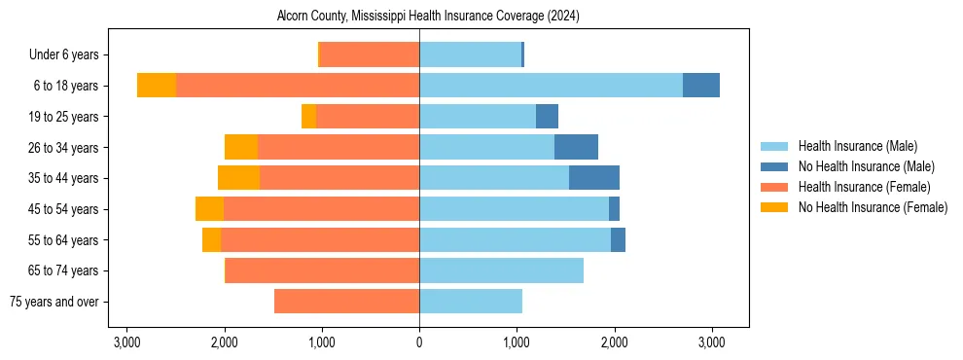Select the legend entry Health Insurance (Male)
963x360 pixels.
tap(857, 146)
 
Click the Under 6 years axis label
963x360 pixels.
tap(70, 55)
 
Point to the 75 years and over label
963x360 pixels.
tap(59, 302)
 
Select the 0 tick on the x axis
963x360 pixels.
tap(419, 342)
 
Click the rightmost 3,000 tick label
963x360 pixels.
tap(711, 342)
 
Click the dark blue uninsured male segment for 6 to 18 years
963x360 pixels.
tap(700, 86)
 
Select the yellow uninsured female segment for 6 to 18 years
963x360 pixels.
tap(156, 86)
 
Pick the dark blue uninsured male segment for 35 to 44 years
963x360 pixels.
tap(593, 178)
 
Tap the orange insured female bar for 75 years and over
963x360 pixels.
tap(346, 302)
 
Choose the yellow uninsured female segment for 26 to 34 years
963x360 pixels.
tap(240, 147)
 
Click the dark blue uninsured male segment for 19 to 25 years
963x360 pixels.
tap(547, 117)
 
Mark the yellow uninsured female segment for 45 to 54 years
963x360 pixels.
tap(209, 209)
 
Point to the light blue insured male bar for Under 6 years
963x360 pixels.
tap(470, 55)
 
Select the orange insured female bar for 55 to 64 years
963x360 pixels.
tap(320, 239)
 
